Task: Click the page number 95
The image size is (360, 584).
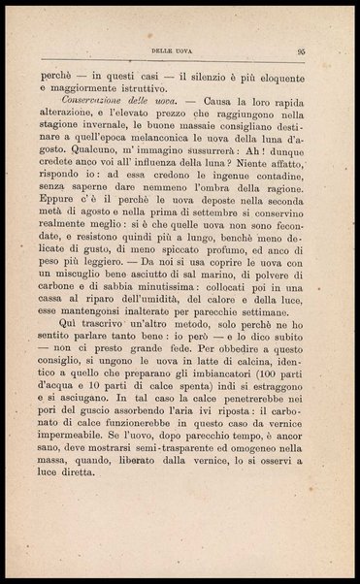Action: (303, 53)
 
